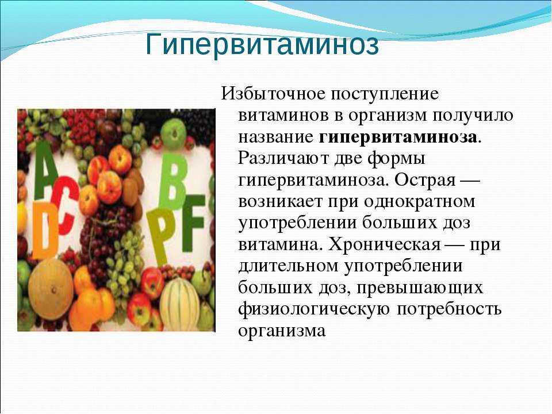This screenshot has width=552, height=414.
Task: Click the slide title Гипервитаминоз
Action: click(262, 45)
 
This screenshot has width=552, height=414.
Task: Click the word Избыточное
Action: click(273, 94)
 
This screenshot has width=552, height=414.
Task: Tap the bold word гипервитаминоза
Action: click(398, 137)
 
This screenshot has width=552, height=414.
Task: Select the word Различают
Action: click(283, 158)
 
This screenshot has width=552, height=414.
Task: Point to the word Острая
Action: click(424, 180)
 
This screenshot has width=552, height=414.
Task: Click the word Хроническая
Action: click(385, 244)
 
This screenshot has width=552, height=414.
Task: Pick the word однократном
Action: click(419, 202)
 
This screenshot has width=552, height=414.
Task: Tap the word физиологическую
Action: click(314, 309)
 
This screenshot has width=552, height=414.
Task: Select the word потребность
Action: click(449, 309)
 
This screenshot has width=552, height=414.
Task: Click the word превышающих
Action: click(420, 287)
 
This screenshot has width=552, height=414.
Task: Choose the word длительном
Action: click(288, 266)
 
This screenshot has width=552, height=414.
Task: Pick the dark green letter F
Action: click(192, 223)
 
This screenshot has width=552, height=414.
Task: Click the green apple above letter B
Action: click(173, 134)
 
